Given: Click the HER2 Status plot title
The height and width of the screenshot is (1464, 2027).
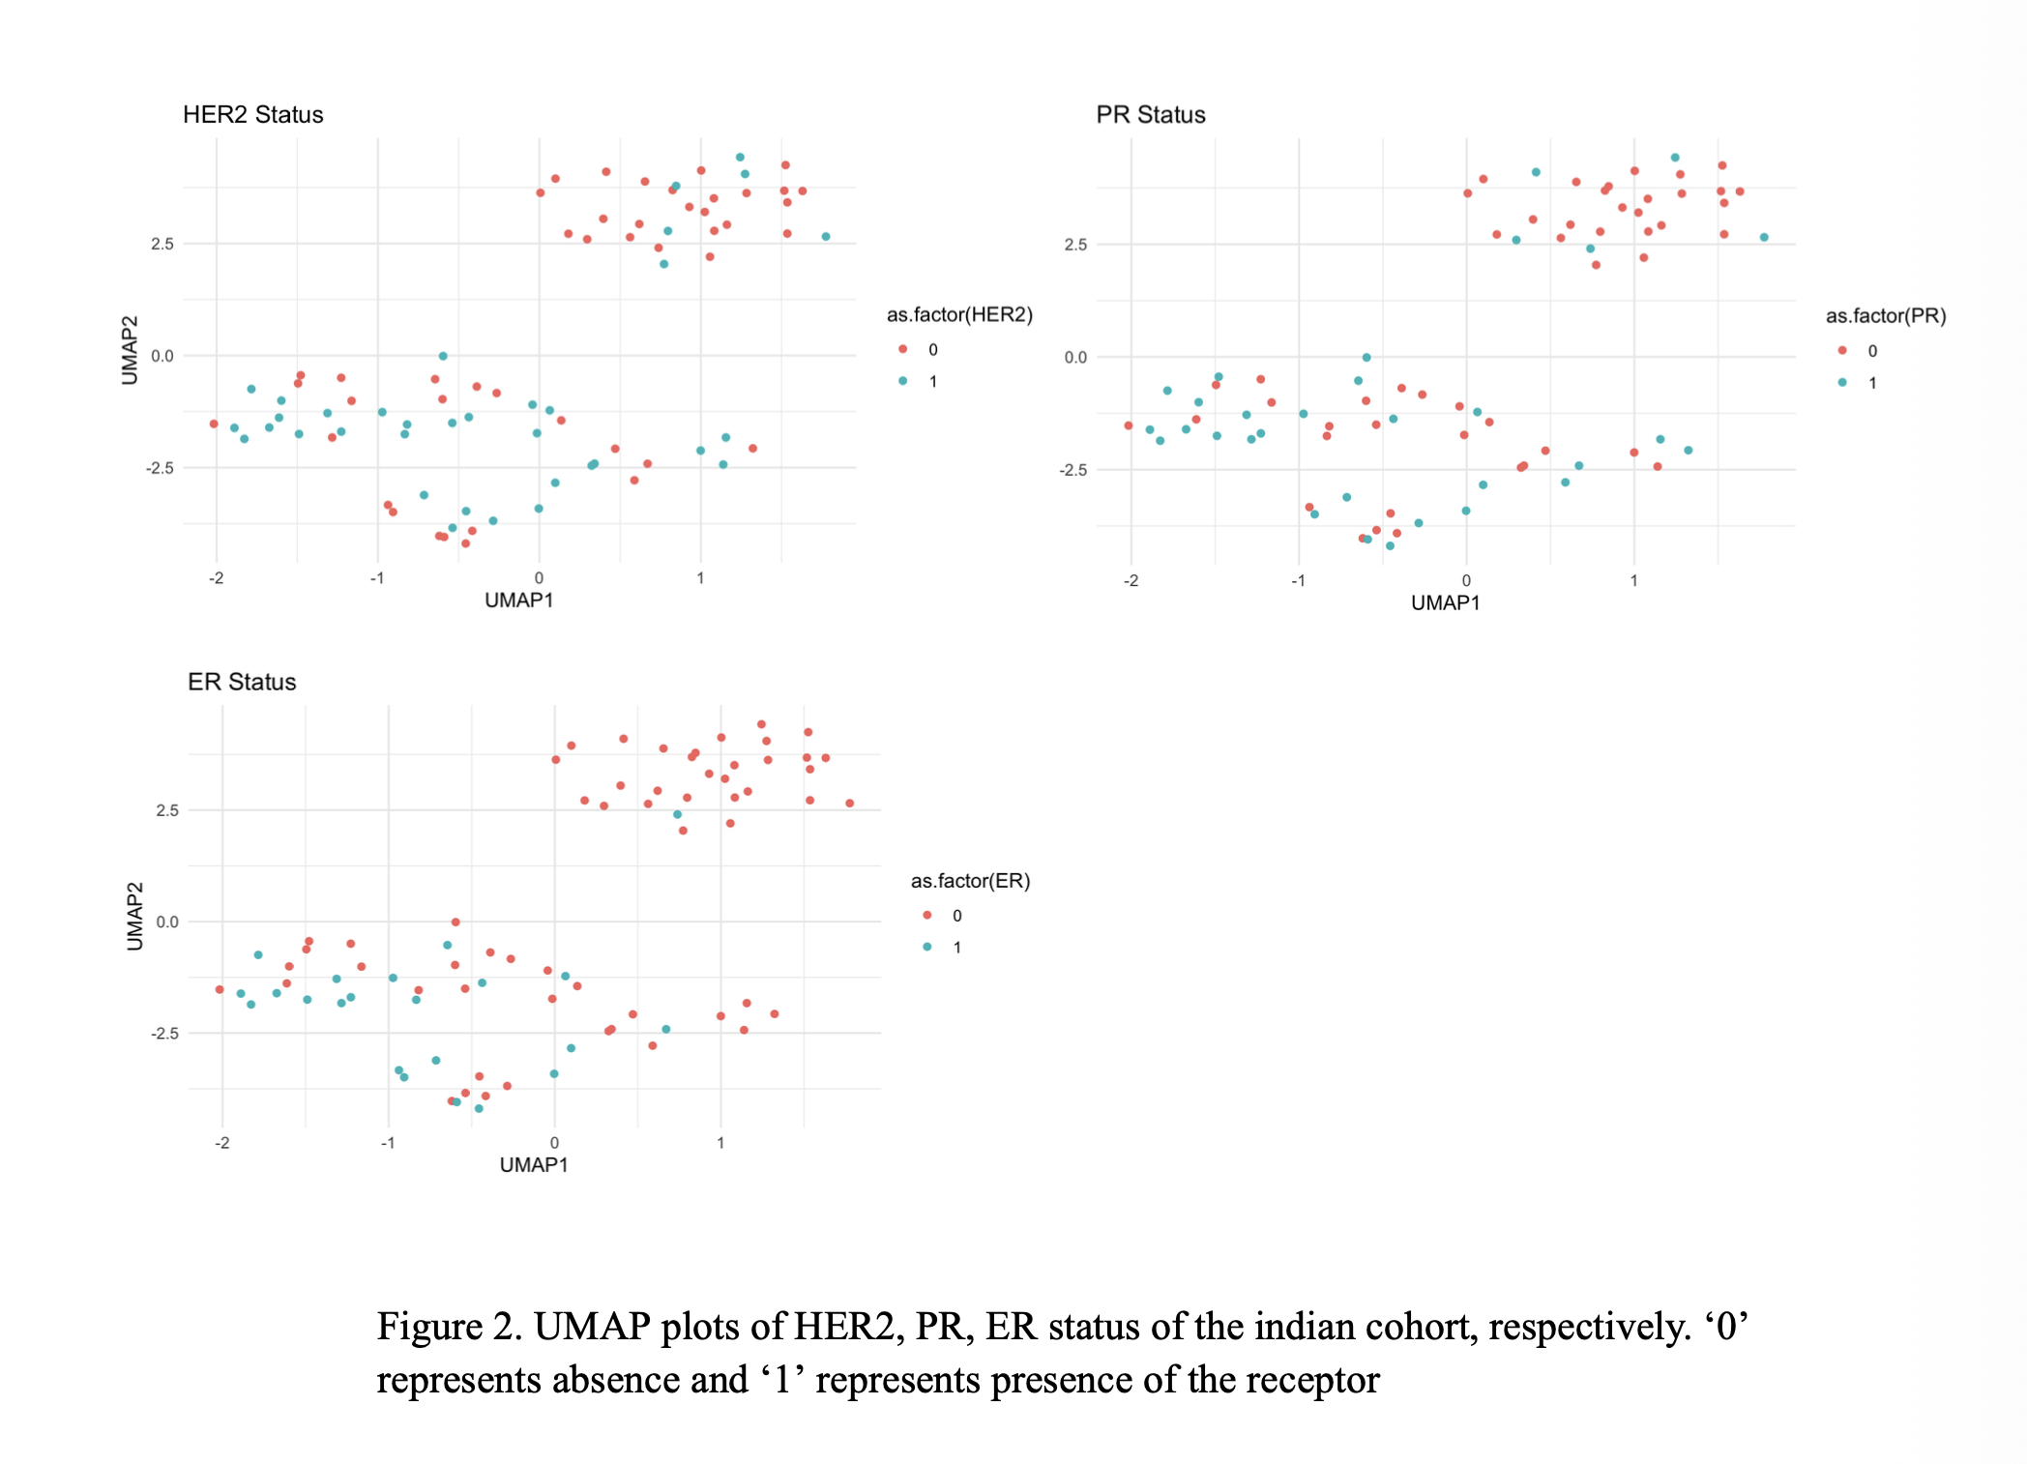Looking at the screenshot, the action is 253,115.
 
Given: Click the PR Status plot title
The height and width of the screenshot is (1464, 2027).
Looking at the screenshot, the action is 1151,115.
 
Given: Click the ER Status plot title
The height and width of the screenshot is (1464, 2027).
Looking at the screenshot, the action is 242,682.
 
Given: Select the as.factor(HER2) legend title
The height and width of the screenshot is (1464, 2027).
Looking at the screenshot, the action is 959,315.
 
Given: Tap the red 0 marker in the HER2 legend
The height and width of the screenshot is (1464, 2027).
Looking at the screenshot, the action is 902,349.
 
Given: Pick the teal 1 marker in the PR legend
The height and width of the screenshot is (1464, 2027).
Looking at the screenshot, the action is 1842,383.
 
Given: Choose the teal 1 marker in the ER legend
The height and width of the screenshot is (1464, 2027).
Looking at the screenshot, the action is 927,948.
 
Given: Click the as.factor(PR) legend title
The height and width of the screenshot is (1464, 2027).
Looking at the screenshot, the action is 1886,316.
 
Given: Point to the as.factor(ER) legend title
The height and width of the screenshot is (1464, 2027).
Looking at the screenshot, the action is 970,881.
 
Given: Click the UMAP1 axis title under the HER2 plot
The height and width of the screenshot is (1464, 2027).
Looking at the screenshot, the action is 519,600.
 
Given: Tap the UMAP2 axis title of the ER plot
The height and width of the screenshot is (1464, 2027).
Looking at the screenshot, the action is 135,916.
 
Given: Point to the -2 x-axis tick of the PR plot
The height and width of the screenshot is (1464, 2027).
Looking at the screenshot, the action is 1131,581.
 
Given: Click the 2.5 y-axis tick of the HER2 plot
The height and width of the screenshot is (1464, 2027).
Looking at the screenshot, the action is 162,244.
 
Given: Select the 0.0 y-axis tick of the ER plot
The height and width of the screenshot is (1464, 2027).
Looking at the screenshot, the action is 167,922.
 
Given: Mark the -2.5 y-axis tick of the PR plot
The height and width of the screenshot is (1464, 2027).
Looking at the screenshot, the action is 1073,470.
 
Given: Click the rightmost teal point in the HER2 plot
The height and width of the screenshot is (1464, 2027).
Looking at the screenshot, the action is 826,237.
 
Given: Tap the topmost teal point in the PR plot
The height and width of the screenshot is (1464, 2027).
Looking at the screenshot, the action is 1675,158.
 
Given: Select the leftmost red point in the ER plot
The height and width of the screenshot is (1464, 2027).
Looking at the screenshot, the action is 220,989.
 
